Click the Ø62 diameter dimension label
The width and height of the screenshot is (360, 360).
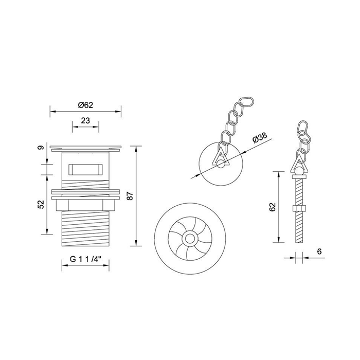tap(85, 105)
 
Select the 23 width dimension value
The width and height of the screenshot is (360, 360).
tap(85, 120)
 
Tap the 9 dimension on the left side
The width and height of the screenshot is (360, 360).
tap(41, 148)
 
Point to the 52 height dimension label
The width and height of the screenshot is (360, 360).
tap(41, 204)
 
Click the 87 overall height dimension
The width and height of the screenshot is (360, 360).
tap(130, 196)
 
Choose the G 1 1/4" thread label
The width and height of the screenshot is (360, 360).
tap(86, 259)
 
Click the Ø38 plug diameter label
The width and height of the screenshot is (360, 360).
tap(260, 137)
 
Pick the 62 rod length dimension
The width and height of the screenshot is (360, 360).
tap(272, 207)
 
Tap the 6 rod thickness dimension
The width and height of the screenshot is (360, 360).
tap(319, 251)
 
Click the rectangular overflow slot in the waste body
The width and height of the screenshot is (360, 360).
tap(85, 169)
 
